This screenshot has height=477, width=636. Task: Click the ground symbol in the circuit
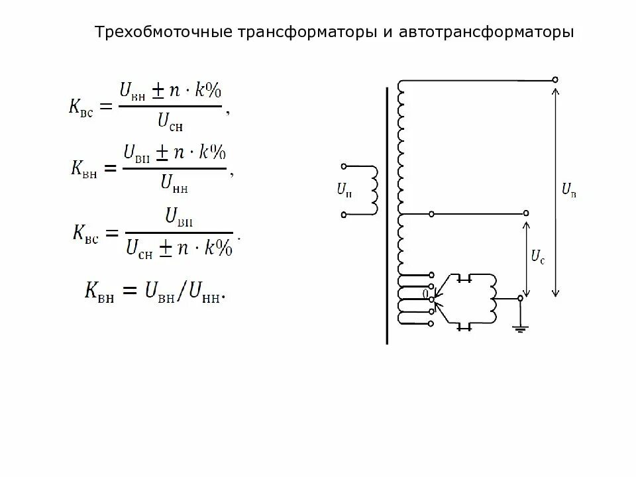click(x=520, y=327)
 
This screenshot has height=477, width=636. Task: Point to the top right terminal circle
click(x=555, y=79)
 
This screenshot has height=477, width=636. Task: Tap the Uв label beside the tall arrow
click(x=568, y=191)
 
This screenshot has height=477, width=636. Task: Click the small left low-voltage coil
click(x=374, y=189)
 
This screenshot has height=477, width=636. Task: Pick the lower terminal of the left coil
click(x=343, y=214)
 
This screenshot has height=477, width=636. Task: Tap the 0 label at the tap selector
click(x=426, y=292)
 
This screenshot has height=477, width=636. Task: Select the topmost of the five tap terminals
click(x=431, y=274)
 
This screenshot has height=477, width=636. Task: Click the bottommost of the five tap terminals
click(x=431, y=323)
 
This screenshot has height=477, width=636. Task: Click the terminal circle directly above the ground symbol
click(x=520, y=299)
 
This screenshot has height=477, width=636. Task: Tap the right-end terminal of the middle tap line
click(x=527, y=213)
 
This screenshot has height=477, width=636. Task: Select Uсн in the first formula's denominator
click(x=170, y=121)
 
